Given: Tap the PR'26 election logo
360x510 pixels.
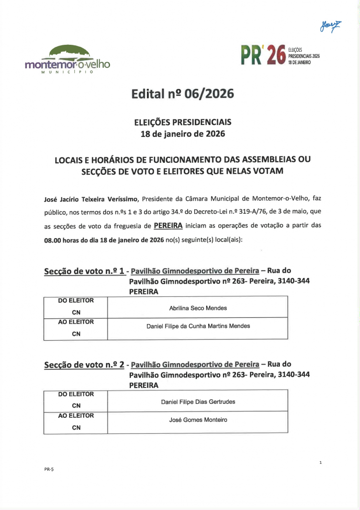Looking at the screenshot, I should (x=280, y=56).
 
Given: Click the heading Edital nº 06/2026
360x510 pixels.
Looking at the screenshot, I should (x=182, y=94).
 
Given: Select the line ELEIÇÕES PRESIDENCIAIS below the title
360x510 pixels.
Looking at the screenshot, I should (x=183, y=122).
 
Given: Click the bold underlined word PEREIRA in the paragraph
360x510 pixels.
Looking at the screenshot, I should (x=168, y=225).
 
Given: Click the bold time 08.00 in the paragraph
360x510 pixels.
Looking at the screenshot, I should (x=54, y=239).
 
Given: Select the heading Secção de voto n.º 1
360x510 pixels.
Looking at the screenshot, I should (x=84, y=271).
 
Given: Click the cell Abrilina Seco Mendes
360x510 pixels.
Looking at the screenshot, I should (x=198, y=308).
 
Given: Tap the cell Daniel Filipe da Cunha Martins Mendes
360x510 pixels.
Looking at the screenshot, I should (x=198, y=326).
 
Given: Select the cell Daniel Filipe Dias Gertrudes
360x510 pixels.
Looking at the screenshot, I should (x=198, y=401).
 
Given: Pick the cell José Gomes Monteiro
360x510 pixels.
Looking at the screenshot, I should (x=198, y=420).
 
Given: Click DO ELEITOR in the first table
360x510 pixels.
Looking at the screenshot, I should (x=76, y=300).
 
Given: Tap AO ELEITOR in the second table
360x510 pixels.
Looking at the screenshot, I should (x=76, y=415).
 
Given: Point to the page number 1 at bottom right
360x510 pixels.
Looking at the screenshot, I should (x=320, y=463).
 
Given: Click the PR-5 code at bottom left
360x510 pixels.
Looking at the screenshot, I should (x=48, y=470).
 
